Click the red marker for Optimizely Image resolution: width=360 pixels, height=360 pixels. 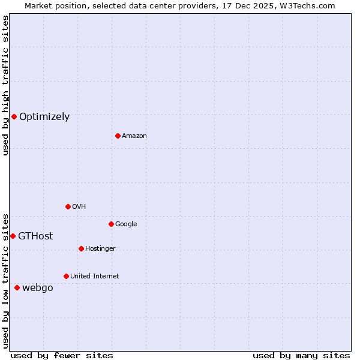point(14,116)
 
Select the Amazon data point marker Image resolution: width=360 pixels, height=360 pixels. point(118,136)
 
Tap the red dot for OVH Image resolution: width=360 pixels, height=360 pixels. point(68,206)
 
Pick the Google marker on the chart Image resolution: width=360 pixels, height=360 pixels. point(111,224)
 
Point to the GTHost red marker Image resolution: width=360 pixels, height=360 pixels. point(13,236)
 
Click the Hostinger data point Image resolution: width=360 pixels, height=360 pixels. point(81,248)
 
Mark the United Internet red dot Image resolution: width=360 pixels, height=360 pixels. point(66,276)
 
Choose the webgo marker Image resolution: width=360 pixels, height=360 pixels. point(17,287)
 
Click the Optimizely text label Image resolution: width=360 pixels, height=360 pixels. point(44,117)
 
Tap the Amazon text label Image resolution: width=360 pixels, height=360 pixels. point(134,136)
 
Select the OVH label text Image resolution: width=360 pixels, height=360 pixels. point(79,207)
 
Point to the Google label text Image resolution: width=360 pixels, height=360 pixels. point(126,224)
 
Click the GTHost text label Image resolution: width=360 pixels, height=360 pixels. point(35,236)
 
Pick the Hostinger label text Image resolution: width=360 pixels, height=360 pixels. point(100,249)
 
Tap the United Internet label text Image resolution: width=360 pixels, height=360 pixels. point(94,277)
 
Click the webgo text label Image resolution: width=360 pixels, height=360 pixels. point(38,288)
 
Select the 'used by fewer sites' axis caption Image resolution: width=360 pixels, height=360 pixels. point(62,355)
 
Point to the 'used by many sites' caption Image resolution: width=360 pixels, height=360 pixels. point(301,355)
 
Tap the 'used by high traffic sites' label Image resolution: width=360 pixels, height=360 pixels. point(6,85)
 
